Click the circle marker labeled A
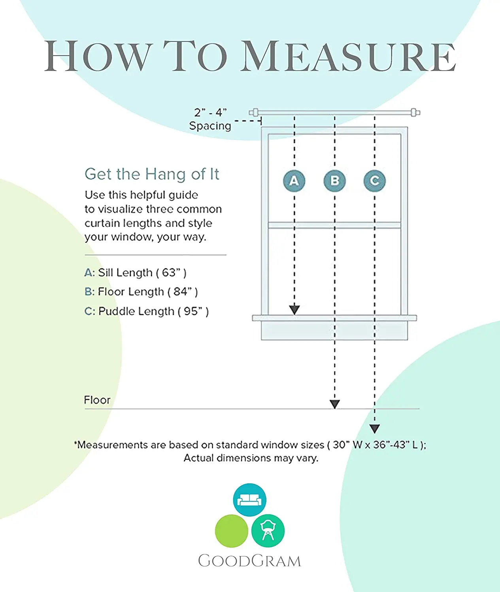click(x=294, y=181)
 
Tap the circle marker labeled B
click(x=334, y=181)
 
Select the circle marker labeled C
click(x=374, y=181)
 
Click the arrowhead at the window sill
click(x=294, y=310)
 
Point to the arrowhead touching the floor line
click(x=334, y=404)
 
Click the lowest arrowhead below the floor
click(x=374, y=429)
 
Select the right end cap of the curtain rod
click(x=415, y=112)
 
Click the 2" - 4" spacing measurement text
click(x=210, y=112)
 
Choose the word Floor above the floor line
click(x=97, y=400)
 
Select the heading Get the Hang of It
click(x=152, y=174)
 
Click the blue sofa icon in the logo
click(x=249, y=500)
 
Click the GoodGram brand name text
click(x=249, y=561)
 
